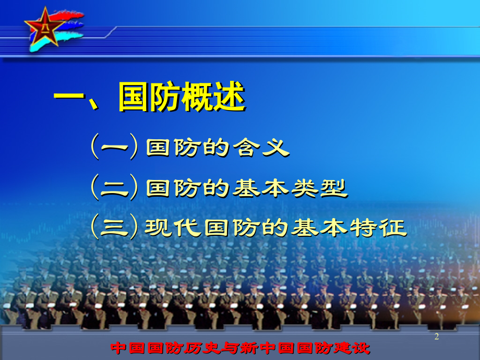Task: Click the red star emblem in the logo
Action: pos(45,27)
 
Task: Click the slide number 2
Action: pos(437,337)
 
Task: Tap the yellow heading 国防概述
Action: pos(182,97)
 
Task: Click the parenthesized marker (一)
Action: pos(114,147)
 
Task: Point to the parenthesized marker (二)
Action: pos(114,187)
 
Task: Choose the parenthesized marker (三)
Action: pos(114,226)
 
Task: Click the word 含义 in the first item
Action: pos(261,148)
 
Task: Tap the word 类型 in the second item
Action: pos(319,188)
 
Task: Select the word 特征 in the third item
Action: pos(378,227)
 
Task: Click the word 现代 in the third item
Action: pos(173,227)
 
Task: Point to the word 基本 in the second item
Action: pos(260,188)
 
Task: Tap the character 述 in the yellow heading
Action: pos(230,97)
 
